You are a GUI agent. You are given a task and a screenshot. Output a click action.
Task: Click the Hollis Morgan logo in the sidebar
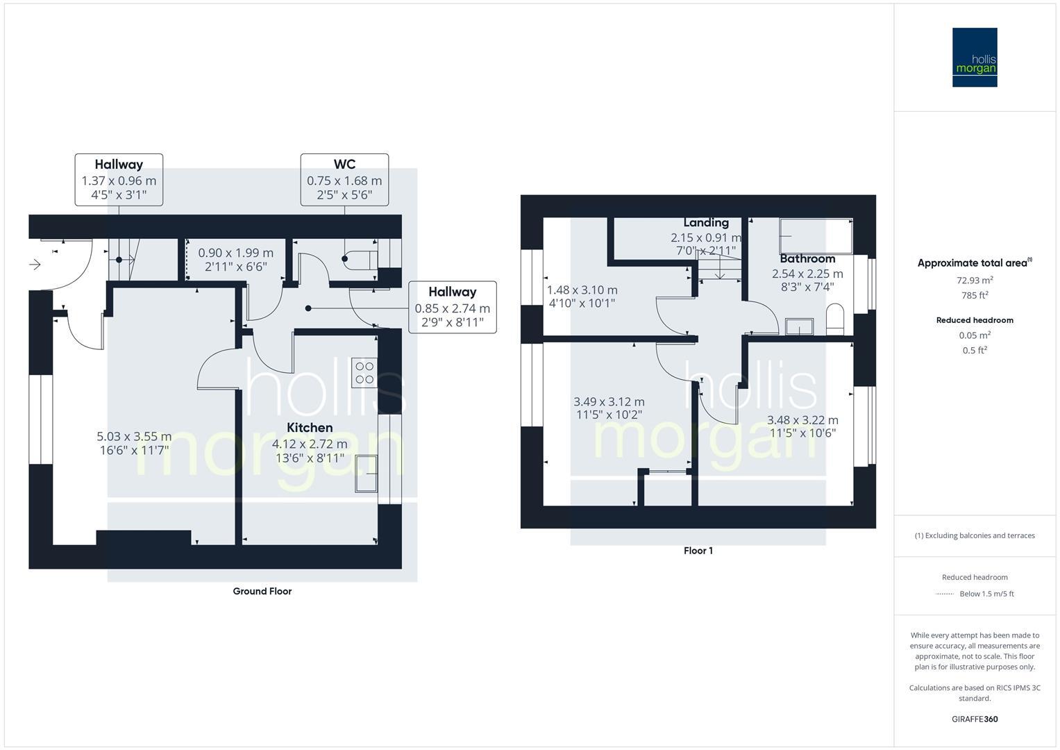pyautogui.click(x=974, y=57)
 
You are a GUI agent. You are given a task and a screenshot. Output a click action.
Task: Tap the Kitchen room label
pyautogui.click(x=310, y=428)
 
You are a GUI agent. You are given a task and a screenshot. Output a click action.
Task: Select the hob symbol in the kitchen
pyautogui.click(x=364, y=373)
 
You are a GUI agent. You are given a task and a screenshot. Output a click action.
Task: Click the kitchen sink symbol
pyautogui.click(x=366, y=473)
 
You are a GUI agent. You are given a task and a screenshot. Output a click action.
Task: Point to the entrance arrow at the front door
pyautogui.click(x=35, y=265)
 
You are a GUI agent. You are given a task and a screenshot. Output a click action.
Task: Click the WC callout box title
pyautogui.click(x=344, y=165)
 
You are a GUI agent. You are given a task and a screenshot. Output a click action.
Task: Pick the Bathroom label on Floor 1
pyautogui.click(x=807, y=259)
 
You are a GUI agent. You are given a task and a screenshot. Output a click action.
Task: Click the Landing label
pyautogui.click(x=706, y=222)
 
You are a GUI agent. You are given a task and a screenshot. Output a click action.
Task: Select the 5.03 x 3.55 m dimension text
pyautogui.click(x=134, y=437)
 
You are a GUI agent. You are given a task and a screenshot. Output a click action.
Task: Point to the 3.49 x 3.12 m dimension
pyautogui.click(x=609, y=402)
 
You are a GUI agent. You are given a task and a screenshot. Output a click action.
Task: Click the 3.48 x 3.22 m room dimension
pyautogui.click(x=802, y=420)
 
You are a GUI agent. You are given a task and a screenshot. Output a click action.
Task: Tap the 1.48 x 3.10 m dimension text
pyautogui.click(x=582, y=290)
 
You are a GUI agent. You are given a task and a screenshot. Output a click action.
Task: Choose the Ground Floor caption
pyautogui.click(x=262, y=591)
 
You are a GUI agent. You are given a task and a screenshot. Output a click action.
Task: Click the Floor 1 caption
pyautogui.click(x=698, y=551)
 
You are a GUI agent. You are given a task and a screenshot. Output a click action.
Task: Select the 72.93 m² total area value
pyautogui.click(x=975, y=281)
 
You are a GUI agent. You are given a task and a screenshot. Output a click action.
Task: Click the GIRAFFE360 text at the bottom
pyautogui.click(x=975, y=719)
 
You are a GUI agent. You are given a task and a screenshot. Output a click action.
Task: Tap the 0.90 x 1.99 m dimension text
pyautogui.click(x=235, y=253)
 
